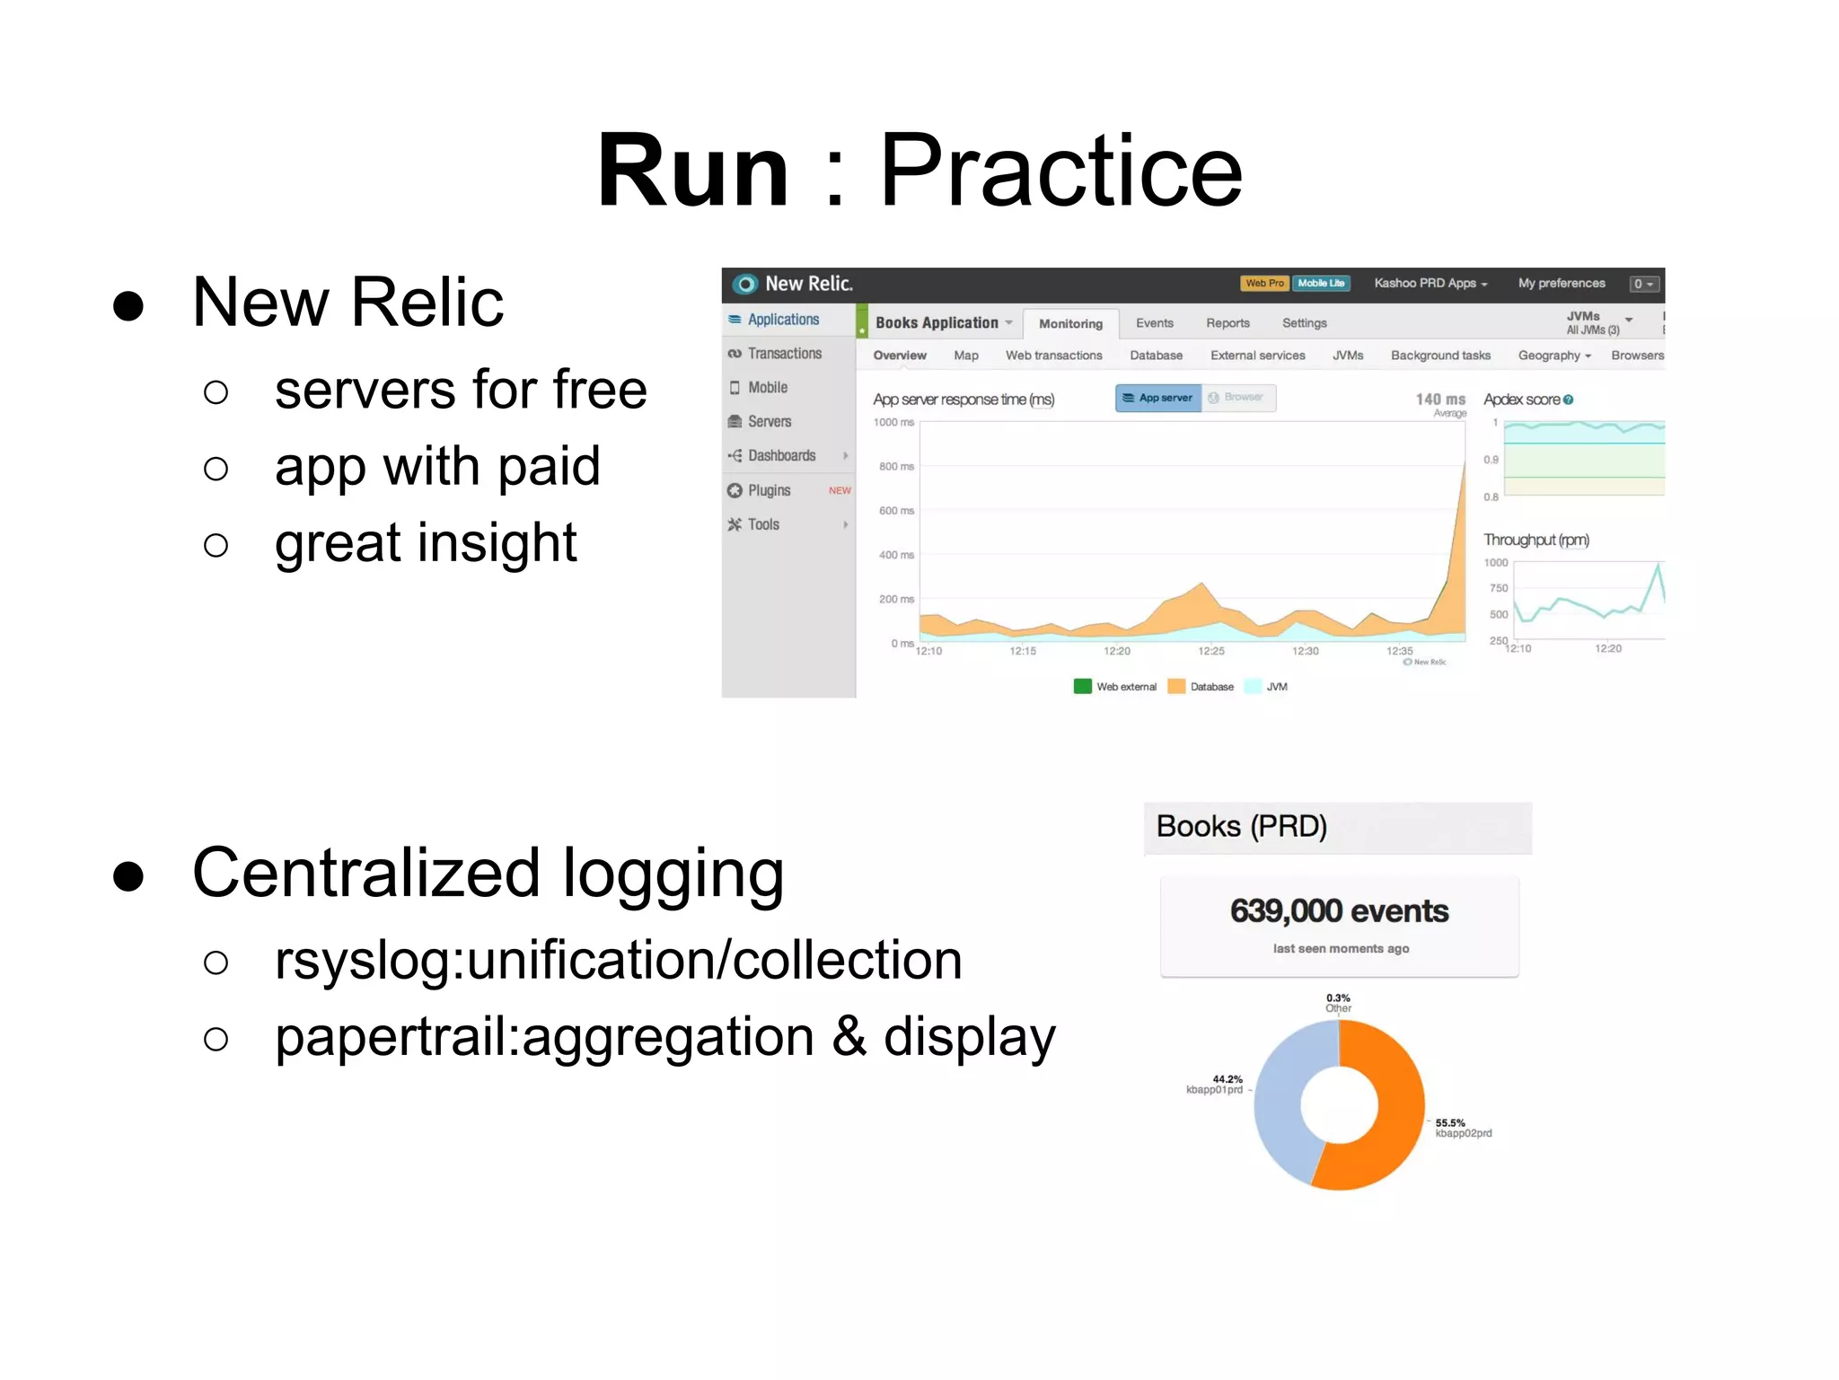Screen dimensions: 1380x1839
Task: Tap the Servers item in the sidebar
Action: pos(769,421)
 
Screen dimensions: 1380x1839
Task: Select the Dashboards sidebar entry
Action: pos(781,455)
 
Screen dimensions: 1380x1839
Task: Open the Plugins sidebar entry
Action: pos(769,490)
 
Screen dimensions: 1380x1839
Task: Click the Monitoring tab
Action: pos(1070,323)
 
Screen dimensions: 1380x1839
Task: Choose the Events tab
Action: pos(1154,323)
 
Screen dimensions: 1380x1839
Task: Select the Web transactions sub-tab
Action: pos(1053,356)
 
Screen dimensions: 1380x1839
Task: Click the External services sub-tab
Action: pos(1257,356)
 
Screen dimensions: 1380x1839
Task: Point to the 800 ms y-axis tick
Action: pos(896,467)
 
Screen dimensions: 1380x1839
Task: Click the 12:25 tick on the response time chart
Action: pos(1210,651)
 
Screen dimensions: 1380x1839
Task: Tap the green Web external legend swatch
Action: pos(1082,687)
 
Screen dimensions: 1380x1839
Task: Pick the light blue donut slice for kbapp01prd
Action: pos(1280,1104)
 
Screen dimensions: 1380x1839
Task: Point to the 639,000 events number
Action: pos(1339,911)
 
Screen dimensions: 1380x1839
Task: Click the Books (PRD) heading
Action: pos(1241,826)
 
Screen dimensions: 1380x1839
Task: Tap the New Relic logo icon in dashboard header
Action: pos(744,285)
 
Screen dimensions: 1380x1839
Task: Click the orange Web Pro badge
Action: pos(1264,284)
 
